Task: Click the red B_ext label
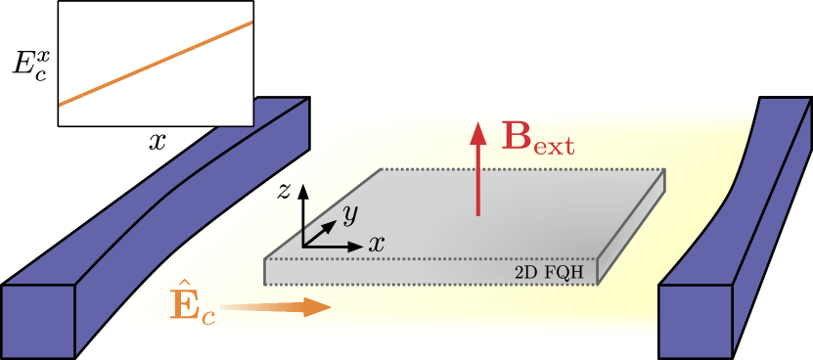536,138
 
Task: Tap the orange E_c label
191,306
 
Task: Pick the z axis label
284,191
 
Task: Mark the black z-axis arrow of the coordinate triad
303,210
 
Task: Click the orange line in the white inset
157,63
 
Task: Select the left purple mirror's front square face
38,321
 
